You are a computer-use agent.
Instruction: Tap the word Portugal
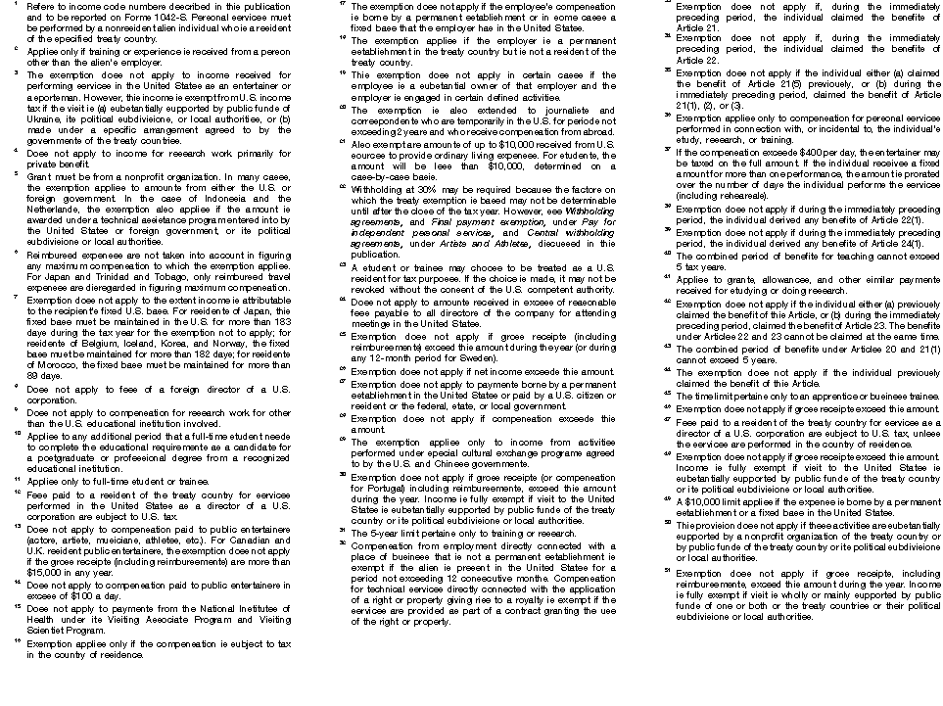385,486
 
